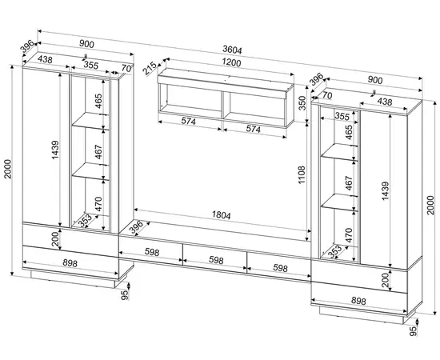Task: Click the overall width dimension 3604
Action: pos(232,50)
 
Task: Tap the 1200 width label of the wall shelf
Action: pos(231,62)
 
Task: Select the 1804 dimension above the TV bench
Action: pos(221,215)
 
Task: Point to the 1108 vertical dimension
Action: pos(302,175)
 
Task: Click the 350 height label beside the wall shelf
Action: pos(302,103)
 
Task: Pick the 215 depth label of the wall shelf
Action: pos(150,69)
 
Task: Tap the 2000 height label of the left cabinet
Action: pos(7,169)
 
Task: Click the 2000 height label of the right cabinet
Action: pos(430,205)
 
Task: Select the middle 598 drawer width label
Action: pos(216,260)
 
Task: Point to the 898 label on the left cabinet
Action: pos(70,263)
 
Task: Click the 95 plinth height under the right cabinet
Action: pos(413,331)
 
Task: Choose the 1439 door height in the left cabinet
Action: pos(55,150)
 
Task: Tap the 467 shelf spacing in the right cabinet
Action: pos(349,183)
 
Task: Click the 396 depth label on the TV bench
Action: pos(136,227)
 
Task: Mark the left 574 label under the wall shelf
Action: pos(188,122)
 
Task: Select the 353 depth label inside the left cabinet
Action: pos(85,221)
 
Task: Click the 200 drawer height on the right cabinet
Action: pos(386,280)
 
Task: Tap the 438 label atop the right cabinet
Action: pos(385,102)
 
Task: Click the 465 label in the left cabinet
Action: pos(98,102)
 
